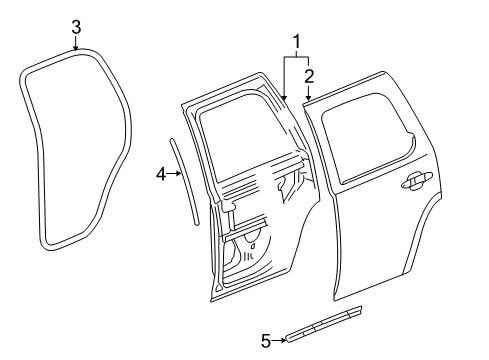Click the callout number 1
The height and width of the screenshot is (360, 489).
[295, 42]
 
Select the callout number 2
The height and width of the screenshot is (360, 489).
[309, 74]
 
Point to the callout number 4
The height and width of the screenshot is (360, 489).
[160, 175]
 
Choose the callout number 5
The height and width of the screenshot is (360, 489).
[266, 340]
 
